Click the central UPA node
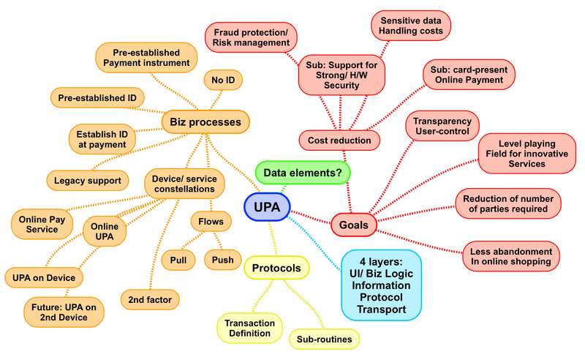point(266,207)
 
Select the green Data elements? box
point(303,173)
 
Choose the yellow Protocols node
point(276,269)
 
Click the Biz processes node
point(205,122)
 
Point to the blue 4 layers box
point(381,285)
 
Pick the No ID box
point(222,80)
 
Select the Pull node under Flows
point(178,260)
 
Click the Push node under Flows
point(222,260)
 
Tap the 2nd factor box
point(150,299)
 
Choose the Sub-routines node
point(324,339)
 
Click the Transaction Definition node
point(249,328)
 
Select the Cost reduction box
point(339,140)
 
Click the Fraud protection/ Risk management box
point(251,37)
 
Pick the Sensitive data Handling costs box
point(412,26)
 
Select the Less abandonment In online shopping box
point(510,256)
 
